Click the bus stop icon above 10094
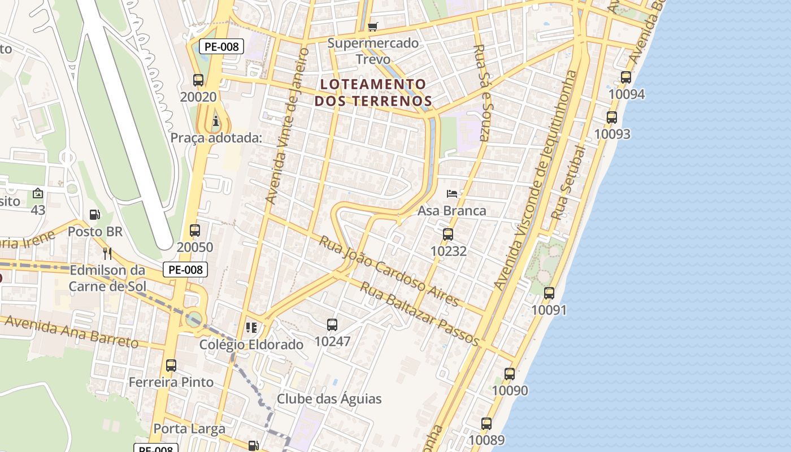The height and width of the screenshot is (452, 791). [x=626, y=77]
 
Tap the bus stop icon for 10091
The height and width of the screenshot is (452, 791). [x=549, y=293]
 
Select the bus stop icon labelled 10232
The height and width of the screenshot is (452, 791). [x=448, y=234]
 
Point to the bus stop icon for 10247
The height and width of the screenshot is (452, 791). [x=332, y=325]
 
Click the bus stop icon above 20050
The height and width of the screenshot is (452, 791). [x=195, y=231]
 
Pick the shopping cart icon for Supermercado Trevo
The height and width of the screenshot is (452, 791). [x=372, y=27]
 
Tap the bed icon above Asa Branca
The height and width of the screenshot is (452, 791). [x=451, y=194]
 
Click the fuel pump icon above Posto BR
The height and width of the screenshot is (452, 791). [x=95, y=215]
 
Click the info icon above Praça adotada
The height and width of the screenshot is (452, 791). [x=216, y=121]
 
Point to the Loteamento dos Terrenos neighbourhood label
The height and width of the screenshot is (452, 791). [x=373, y=93]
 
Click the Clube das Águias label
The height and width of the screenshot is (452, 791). [x=329, y=399]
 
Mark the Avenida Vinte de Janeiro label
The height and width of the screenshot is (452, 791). [x=288, y=125]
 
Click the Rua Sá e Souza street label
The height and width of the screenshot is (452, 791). [x=482, y=93]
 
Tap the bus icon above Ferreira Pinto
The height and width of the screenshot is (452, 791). [x=171, y=366]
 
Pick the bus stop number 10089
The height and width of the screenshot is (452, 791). [x=486, y=440]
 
